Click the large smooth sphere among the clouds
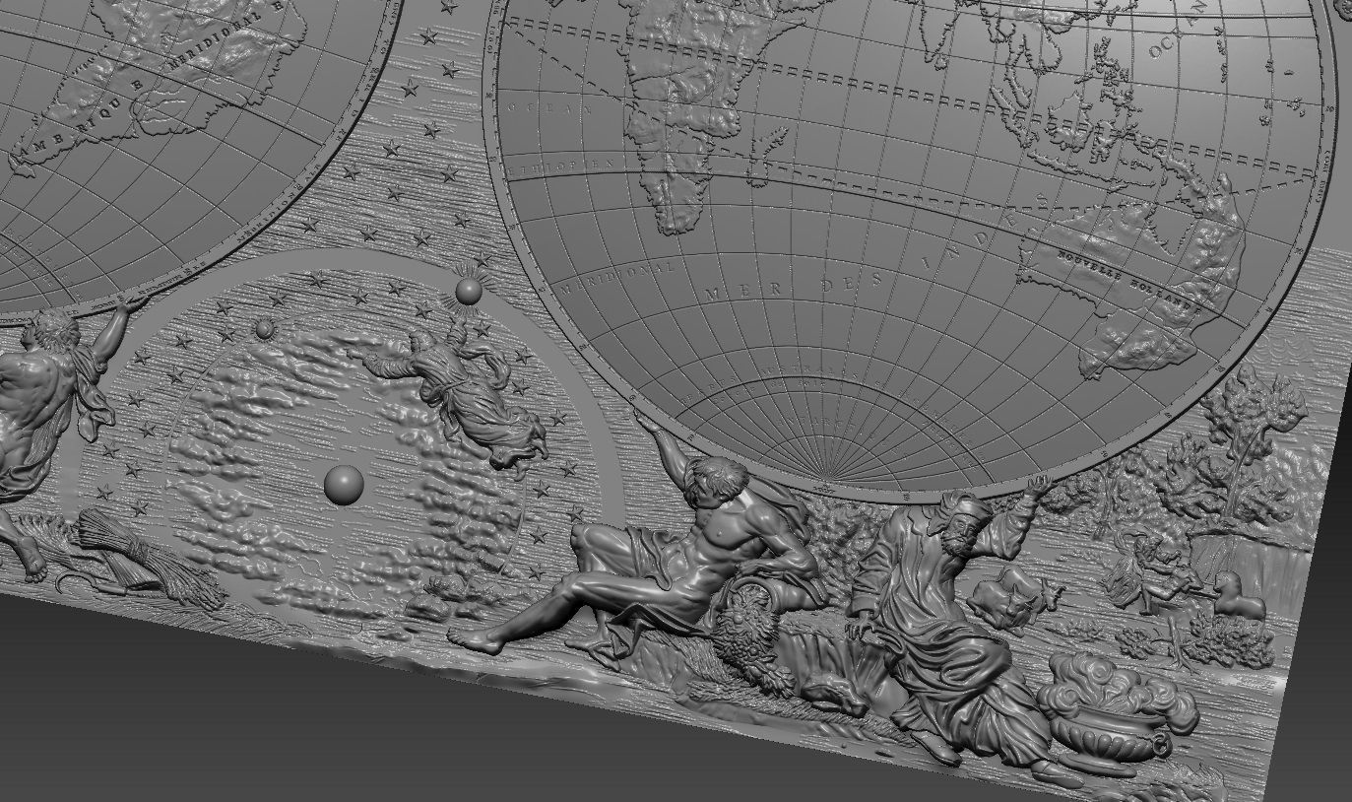point(344,484)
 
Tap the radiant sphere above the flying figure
point(469,291)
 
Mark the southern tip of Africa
point(674,227)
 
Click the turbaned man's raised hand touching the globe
point(1033,485)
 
